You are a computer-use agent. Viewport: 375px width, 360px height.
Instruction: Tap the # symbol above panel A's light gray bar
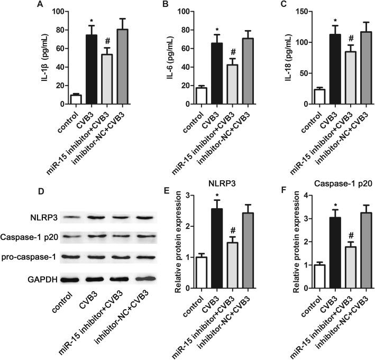(107, 42)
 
